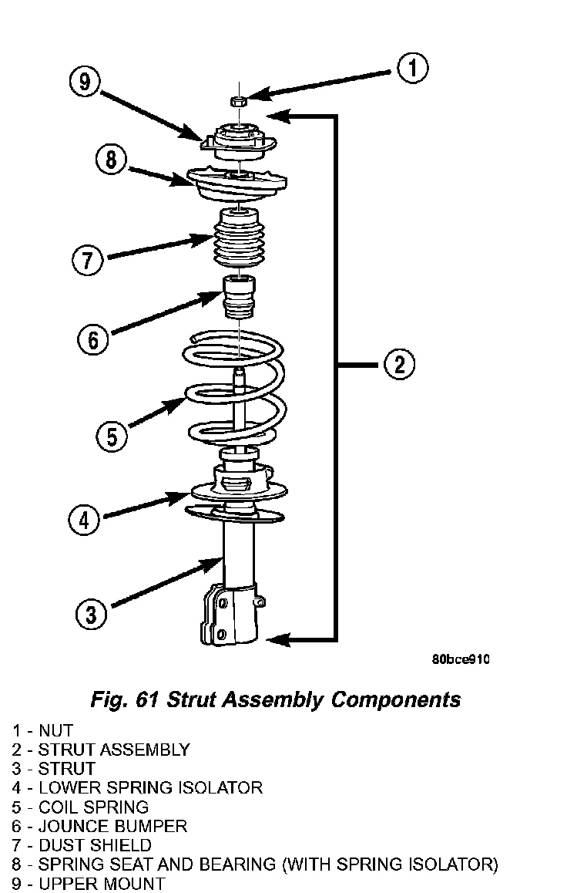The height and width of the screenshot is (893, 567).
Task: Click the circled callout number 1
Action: (x=412, y=68)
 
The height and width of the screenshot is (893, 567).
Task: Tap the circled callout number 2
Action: (x=398, y=365)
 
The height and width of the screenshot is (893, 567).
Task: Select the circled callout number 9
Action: (x=84, y=82)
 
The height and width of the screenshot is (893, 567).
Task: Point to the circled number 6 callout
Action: (x=92, y=340)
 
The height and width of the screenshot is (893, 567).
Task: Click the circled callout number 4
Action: (x=84, y=520)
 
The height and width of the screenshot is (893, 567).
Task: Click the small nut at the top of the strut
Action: (x=238, y=102)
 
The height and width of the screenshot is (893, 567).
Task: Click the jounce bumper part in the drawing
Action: (x=238, y=298)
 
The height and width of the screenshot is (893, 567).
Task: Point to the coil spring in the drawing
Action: (x=234, y=389)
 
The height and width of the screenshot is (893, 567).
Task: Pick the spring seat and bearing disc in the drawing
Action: (x=237, y=184)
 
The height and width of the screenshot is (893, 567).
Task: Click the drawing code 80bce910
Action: (x=461, y=659)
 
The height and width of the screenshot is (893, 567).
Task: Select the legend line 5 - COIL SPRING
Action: (x=80, y=807)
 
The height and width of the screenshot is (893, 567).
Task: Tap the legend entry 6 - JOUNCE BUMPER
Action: (x=99, y=827)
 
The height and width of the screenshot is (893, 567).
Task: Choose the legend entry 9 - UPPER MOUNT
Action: (x=88, y=884)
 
